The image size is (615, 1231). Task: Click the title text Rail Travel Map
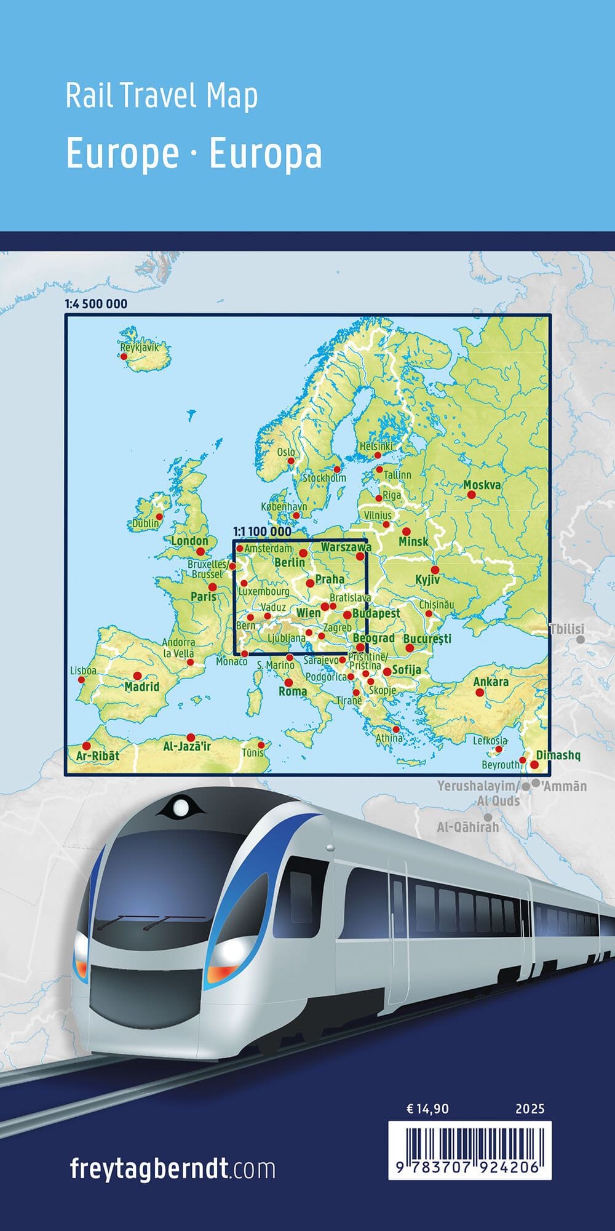tap(161, 97)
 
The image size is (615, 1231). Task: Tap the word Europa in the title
tap(265, 154)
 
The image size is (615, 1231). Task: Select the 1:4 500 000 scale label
tap(95, 304)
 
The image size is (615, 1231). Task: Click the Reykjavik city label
tap(140, 347)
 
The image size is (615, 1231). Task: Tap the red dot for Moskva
tap(471, 495)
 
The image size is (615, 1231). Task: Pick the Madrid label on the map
tap(142, 687)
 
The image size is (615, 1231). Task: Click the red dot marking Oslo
tap(292, 460)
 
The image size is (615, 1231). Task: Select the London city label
tap(189, 541)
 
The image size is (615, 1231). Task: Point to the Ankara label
tap(491, 682)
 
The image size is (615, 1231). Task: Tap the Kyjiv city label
tap(427, 580)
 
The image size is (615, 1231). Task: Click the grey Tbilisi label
tap(566, 629)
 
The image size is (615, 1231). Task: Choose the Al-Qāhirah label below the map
tap(468, 827)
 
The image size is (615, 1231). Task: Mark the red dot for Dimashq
tap(534, 765)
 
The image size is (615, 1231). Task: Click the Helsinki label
tap(376, 446)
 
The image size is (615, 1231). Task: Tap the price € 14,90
tap(428, 1109)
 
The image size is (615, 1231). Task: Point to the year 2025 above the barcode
tap(530, 1109)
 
